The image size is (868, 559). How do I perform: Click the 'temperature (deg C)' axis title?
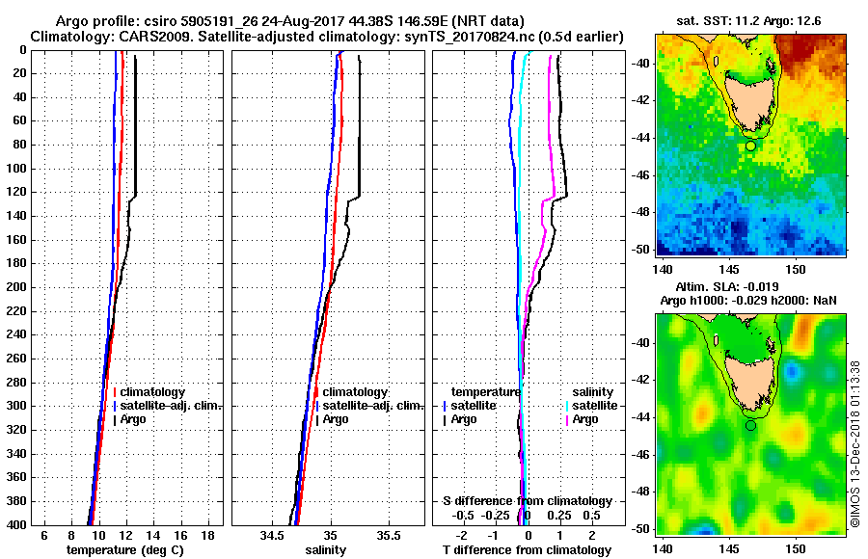[124, 550]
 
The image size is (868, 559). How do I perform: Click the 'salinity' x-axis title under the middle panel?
[324, 550]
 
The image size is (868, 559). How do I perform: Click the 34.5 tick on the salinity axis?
[272, 535]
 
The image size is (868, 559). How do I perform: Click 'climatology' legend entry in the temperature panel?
[153, 392]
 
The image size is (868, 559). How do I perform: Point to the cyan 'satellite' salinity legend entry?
[593, 406]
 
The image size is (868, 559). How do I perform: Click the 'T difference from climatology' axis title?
[527, 550]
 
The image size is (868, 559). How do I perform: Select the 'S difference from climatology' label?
[527, 501]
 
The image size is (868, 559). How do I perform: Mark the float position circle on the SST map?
[750, 146]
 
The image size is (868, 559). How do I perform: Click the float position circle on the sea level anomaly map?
[750, 425]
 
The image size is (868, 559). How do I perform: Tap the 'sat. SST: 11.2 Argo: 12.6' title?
[750, 20]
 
